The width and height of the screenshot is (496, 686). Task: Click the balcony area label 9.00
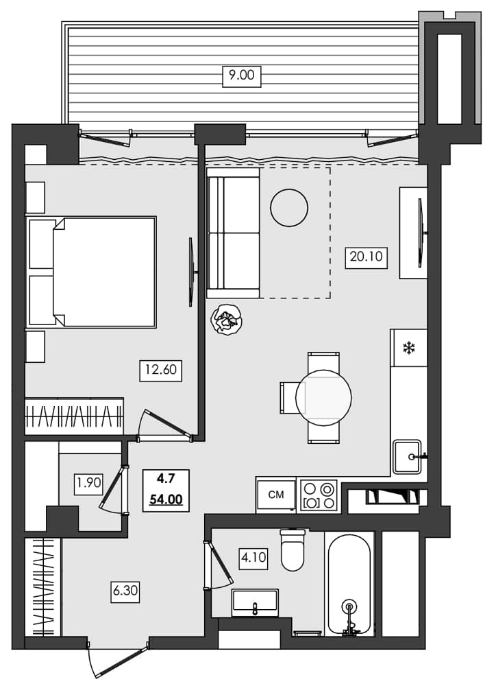click(x=241, y=75)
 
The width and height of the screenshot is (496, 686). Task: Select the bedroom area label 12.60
click(x=161, y=370)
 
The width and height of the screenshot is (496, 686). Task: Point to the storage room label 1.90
click(x=88, y=482)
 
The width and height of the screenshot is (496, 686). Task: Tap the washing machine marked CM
click(x=276, y=495)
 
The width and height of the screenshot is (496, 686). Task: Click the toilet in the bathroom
click(x=293, y=551)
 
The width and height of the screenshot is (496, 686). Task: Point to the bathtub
click(x=349, y=585)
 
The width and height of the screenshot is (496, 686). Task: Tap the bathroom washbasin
click(x=255, y=602)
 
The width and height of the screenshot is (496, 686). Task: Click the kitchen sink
click(x=408, y=456)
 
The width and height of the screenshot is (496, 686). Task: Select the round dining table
click(x=323, y=397)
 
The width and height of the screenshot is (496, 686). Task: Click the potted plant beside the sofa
click(x=226, y=319)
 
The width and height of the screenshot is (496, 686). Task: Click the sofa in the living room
click(x=234, y=233)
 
